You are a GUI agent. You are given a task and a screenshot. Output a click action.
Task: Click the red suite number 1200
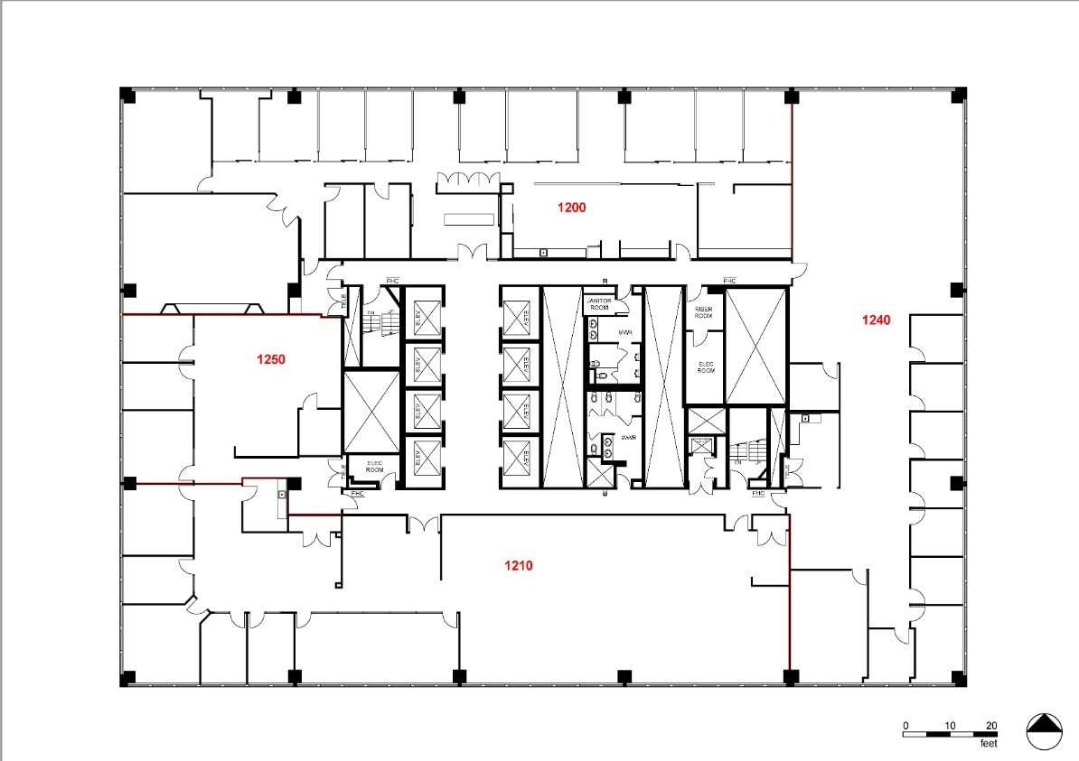click(571, 208)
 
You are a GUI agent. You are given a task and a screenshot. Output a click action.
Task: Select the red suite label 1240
click(876, 320)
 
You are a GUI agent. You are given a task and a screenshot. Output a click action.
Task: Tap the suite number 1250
click(271, 359)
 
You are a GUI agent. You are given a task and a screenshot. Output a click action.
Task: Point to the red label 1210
click(518, 566)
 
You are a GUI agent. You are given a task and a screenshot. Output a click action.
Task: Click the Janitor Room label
click(599, 304)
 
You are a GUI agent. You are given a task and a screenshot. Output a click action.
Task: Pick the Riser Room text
click(704, 312)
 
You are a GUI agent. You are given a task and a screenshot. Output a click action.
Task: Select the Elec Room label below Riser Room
click(706, 367)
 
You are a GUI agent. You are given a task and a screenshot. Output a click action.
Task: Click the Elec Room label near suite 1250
click(374, 468)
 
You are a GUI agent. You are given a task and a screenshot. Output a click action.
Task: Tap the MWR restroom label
click(624, 333)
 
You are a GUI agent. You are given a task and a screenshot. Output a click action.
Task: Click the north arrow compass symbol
click(1044, 730)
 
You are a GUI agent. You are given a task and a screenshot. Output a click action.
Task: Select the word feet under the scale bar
click(990, 744)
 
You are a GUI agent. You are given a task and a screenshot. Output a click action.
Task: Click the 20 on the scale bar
click(990, 725)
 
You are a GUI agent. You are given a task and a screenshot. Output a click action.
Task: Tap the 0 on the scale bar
click(905, 725)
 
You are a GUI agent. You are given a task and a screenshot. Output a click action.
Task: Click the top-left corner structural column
click(128, 95)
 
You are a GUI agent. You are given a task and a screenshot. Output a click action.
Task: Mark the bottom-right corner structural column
click(958, 677)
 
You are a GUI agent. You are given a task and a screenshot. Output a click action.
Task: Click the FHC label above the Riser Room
click(729, 280)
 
